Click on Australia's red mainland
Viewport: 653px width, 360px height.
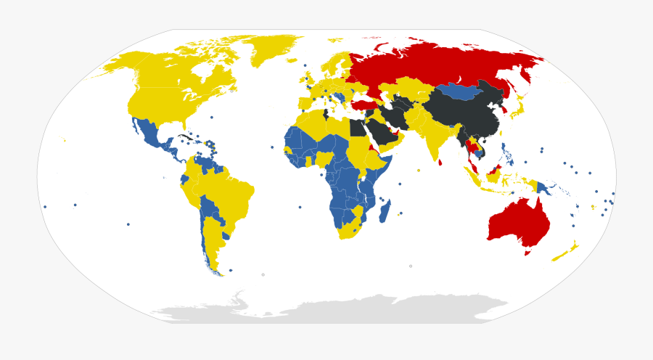tap(519, 218)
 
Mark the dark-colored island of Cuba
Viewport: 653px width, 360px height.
tap(186, 136)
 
